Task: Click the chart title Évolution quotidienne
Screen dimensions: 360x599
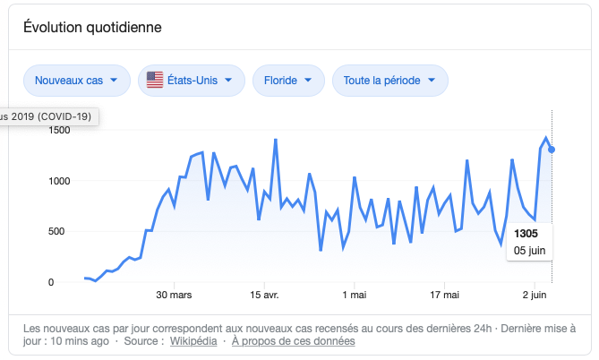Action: pyautogui.click(x=92, y=27)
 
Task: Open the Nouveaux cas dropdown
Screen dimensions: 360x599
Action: pyautogui.click(x=76, y=81)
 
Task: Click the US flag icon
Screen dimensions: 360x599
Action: pyautogui.click(x=155, y=81)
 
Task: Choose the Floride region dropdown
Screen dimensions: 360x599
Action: pyautogui.click(x=288, y=81)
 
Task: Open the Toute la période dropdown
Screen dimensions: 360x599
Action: pyautogui.click(x=389, y=81)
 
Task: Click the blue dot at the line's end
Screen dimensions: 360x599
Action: pyautogui.click(x=552, y=150)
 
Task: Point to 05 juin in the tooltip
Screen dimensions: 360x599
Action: pyautogui.click(x=528, y=250)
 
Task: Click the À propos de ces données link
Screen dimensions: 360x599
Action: pyautogui.click(x=293, y=341)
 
